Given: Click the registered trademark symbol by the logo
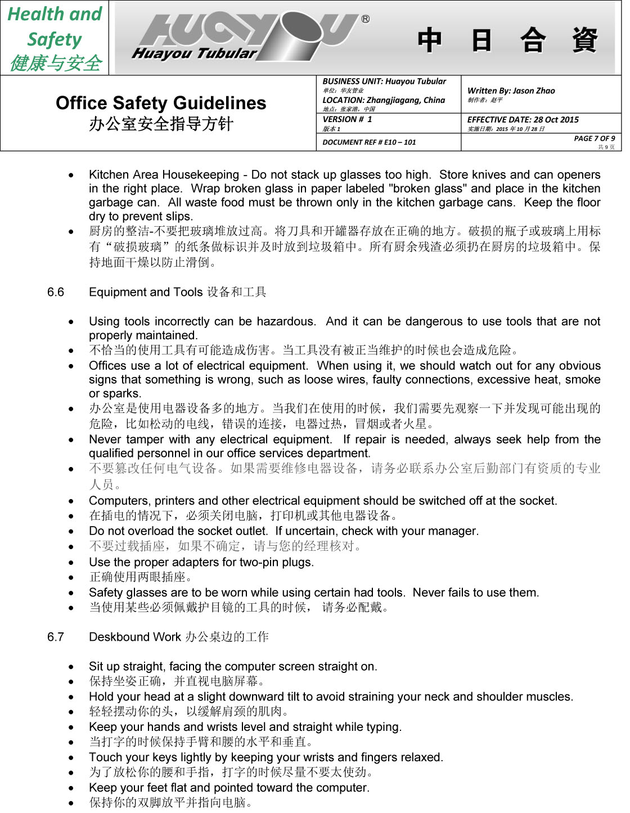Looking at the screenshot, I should coord(366,19).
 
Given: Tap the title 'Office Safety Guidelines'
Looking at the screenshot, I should coord(161,103).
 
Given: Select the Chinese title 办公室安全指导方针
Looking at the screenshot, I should coord(161,124).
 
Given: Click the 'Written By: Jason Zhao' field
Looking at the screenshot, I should coord(511,91).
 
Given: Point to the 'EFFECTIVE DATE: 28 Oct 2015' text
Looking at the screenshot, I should coord(523,119).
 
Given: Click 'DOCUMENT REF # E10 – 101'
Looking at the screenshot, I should coord(369,142).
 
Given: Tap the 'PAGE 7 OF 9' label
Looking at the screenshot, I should coord(594,138).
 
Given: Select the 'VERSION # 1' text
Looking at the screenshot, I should coord(347,119).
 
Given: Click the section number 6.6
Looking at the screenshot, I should coord(56,292).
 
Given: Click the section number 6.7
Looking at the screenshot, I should coord(56,637).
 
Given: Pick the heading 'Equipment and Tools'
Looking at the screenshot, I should coord(145,292).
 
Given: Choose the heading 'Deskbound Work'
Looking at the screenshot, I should coord(135,637).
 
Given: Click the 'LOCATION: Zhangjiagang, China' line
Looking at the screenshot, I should coord(384,100).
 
